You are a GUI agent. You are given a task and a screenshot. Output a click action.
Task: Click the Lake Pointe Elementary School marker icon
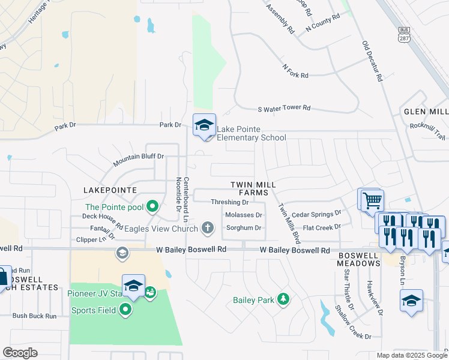pyautogui.click(x=204, y=125)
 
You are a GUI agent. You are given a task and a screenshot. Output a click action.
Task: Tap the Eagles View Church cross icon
pyautogui.click(x=208, y=227)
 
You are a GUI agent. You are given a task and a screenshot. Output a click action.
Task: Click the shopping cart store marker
pyautogui.click(x=372, y=200)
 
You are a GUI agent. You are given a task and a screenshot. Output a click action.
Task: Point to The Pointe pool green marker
pyautogui.click(x=152, y=207)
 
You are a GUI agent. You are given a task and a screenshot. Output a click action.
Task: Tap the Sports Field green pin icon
pyautogui.click(x=125, y=310)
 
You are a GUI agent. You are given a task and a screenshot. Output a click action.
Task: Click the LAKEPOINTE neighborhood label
pyautogui.click(x=110, y=190)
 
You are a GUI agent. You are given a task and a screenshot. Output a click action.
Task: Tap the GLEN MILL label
pyautogui.click(x=426, y=112)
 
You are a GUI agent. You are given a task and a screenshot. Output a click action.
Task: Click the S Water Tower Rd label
pyautogui.click(x=284, y=108)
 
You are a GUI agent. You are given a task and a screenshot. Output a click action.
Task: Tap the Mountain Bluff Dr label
pyautogui.click(x=139, y=160)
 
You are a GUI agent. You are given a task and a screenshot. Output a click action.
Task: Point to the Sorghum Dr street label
pyautogui.click(x=243, y=228)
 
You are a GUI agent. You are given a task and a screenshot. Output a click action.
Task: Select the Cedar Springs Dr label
pyautogui.click(x=316, y=213)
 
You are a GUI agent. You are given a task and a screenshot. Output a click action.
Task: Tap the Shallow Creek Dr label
pyautogui.click(x=354, y=322)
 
